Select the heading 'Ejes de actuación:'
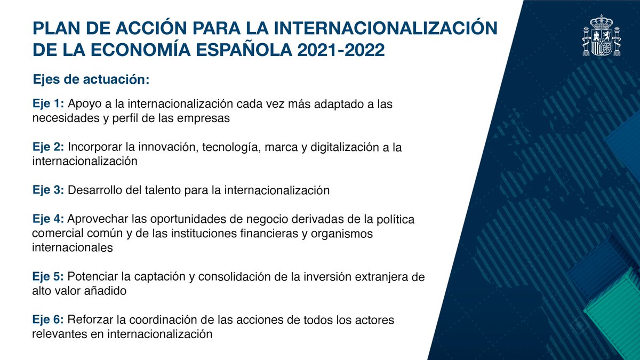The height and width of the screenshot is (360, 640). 90,79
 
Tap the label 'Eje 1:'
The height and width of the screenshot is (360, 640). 48,103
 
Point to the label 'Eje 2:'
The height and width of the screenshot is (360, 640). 48,147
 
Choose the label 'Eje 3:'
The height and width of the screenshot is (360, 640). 48,190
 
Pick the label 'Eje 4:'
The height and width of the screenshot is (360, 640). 48,220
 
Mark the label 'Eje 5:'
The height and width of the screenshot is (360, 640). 48,277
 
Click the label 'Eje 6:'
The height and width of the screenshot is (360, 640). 48,321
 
